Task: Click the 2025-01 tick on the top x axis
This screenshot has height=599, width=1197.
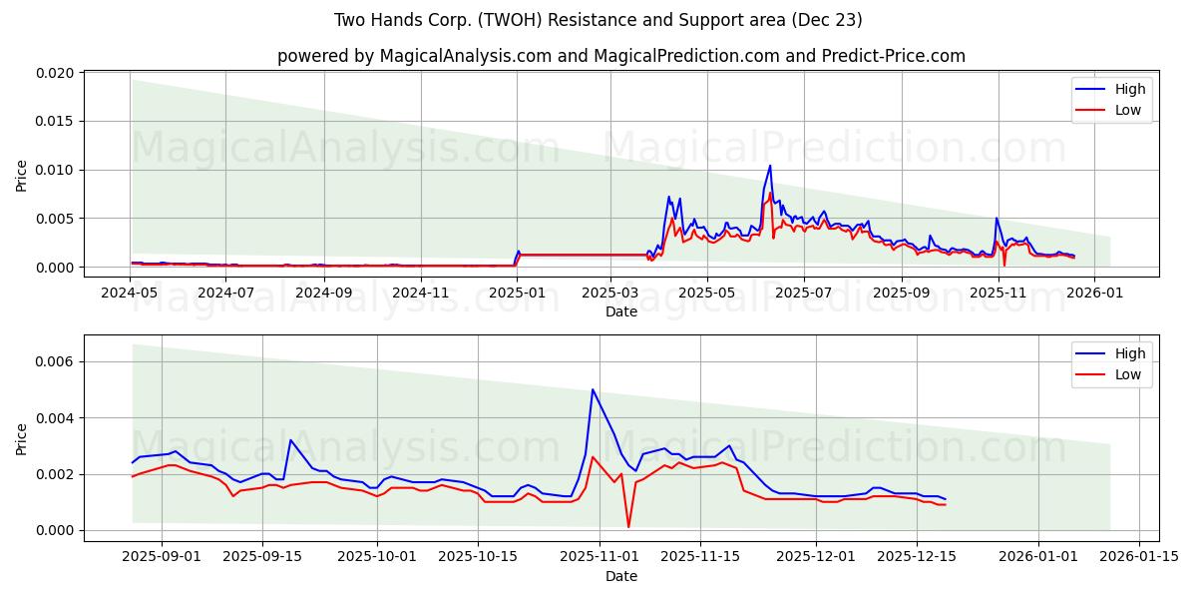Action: pos(517,294)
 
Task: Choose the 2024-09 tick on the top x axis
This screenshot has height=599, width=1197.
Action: pos(323,294)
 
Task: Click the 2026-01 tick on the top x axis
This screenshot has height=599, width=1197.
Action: pos(1094,294)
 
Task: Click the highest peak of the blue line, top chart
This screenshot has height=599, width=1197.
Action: pos(770,166)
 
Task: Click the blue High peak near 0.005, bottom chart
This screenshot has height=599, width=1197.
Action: pos(593,389)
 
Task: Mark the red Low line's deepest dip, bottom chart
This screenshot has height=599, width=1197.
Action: pos(628,526)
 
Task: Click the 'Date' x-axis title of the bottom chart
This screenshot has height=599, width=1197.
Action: pos(620,576)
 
